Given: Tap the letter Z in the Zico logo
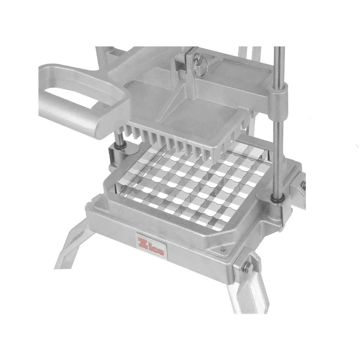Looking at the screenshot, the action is tap(142, 243).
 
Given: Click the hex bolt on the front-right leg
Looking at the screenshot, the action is tap(249, 266).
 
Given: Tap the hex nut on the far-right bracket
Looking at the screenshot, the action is tap(303, 184).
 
